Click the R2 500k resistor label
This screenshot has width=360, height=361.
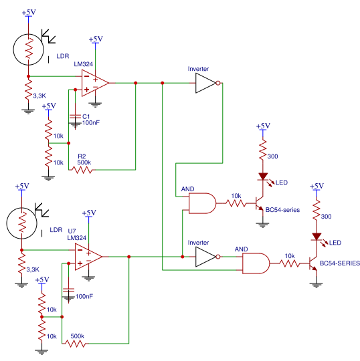[84, 160]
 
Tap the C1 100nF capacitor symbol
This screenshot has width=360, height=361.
[75, 117]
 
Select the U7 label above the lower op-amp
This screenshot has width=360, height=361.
[72, 231]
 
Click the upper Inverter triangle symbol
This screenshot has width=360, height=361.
[205, 83]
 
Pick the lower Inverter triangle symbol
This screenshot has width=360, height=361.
[205, 257]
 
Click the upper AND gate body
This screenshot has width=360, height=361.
[202, 203]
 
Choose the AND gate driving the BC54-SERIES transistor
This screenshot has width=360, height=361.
[256, 263]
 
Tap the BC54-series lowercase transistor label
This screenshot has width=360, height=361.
[282, 210]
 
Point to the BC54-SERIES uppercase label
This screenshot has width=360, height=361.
[340, 263]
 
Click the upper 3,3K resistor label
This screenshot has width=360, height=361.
[39, 96]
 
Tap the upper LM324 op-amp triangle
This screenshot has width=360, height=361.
[95, 83]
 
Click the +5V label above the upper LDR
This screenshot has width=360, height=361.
[29, 12]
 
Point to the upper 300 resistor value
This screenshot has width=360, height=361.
[272, 156]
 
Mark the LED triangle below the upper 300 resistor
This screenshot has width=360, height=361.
[263, 176]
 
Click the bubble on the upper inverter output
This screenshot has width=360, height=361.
[218, 83]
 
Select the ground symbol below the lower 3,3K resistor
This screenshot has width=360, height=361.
[21, 285]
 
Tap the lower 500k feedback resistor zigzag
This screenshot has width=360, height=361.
[76, 344]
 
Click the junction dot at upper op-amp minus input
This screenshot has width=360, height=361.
[28, 76]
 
